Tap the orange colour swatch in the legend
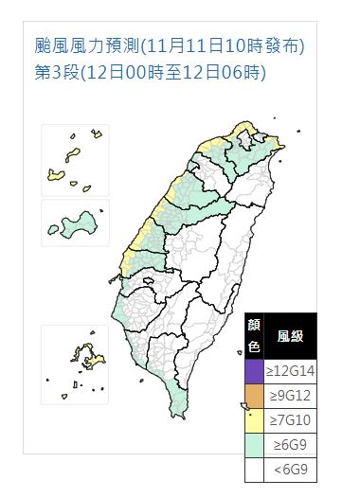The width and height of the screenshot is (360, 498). click(x=254, y=392)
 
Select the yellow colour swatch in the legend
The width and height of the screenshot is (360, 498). click(x=254, y=417)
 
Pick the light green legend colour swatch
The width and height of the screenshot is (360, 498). click(x=254, y=441)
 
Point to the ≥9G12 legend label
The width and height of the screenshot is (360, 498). click(x=291, y=392)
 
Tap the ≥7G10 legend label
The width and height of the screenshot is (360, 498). click(x=291, y=417)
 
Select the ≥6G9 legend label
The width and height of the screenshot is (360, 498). click(x=291, y=441)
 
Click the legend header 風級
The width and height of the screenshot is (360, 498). click(x=290, y=335)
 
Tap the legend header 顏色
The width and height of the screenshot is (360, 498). click(x=254, y=335)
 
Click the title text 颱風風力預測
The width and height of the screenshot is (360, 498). click(x=86, y=44)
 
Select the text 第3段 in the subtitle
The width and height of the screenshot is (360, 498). click(x=55, y=71)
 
